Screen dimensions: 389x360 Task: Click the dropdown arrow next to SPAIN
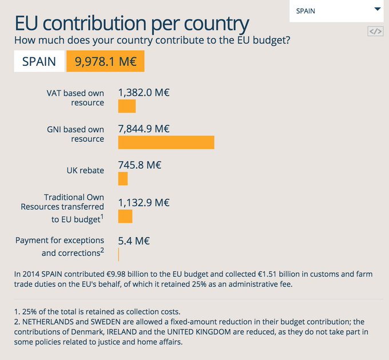click(378, 9)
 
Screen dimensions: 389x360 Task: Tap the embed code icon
click(375, 31)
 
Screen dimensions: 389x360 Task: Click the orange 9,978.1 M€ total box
click(105, 61)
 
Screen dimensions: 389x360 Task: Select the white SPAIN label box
click(39, 61)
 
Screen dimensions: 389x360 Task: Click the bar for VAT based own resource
click(127, 106)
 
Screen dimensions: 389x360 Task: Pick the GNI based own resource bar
click(166, 143)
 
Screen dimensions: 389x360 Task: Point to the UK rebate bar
click(123, 179)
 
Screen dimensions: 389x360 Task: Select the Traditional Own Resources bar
click(125, 216)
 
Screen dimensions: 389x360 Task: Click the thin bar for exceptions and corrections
click(118, 255)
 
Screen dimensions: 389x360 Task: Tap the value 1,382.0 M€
click(144, 93)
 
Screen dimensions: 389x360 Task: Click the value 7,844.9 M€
click(144, 129)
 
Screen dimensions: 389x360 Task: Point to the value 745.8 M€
click(140, 165)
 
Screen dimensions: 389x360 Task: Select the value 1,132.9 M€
click(144, 203)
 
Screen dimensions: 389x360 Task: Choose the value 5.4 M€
click(134, 241)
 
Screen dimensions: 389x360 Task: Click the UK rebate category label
click(85, 171)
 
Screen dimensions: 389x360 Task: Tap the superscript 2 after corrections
click(102, 250)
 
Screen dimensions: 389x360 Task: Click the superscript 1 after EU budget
click(102, 217)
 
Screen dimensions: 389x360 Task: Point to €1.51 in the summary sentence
click(267, 274)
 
